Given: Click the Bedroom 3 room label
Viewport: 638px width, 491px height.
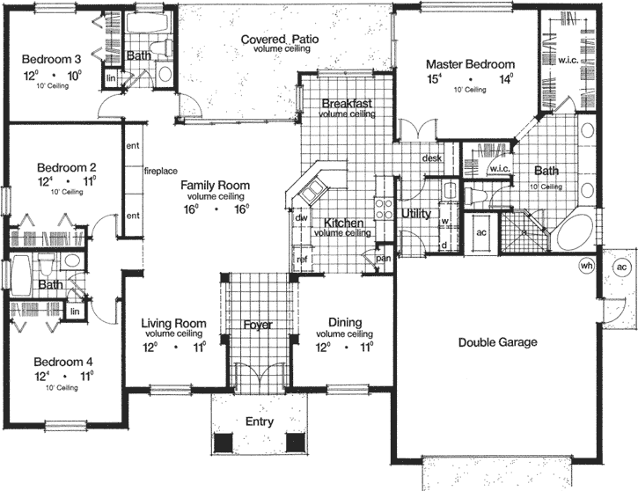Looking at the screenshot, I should tap(52, 59).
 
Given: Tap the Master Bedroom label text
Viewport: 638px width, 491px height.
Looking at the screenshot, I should tap(470, 64).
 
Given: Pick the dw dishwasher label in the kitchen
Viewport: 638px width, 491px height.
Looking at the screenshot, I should tap(300, 216).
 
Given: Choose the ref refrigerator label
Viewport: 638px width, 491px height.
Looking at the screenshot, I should tap(302, 259).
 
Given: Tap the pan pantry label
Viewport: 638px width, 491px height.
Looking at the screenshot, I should tap(383, 258).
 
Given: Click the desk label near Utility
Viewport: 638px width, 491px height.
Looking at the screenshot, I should tap(431, 158).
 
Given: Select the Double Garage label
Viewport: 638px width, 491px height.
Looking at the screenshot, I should tap(498, 342).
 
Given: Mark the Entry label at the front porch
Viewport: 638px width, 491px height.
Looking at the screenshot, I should tap(260, 421).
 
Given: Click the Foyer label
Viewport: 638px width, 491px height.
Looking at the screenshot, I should tap(258, 326).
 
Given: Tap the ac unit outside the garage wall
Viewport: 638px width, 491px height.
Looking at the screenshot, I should tap(620, 267).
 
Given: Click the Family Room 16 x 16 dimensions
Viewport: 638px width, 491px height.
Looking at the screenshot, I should tap(216, 209).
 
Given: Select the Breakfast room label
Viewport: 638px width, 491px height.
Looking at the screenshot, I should tap(346, 103).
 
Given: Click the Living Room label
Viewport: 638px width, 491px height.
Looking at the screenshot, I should tap(173, 323).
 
